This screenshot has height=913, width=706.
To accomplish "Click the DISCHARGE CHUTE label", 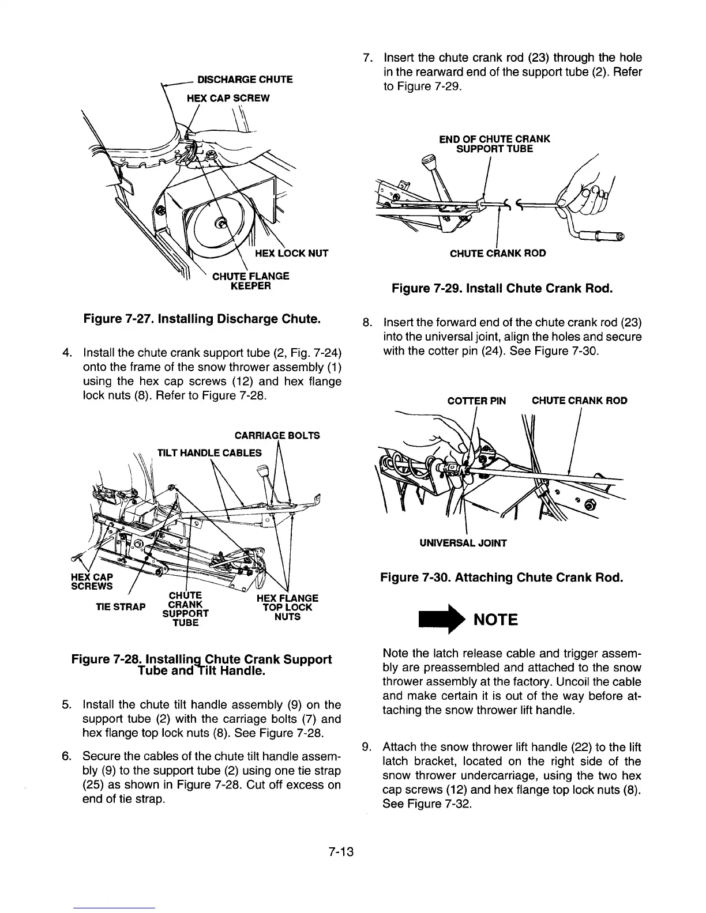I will click(x=245, y=79).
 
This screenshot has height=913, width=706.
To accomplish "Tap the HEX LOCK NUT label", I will click(x=291, y=252).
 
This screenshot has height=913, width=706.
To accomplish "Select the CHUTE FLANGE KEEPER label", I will click(x=251, y=281).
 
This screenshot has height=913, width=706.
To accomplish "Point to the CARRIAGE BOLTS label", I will click(x=277, y=435).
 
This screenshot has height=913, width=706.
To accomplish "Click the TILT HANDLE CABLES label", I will click(x=209, y=452).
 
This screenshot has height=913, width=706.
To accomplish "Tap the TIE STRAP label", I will click(x=121, y=606).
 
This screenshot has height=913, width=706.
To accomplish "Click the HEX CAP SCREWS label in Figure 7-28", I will click(x=92, y=582).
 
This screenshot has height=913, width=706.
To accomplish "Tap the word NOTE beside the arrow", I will click(x=495, y=620).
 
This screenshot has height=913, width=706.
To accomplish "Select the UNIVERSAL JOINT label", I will click(x=463, y=542).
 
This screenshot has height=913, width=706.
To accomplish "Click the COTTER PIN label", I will click(x=476, y=401).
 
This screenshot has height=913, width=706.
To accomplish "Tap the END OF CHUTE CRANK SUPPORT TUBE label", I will click(x=494, y=144).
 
